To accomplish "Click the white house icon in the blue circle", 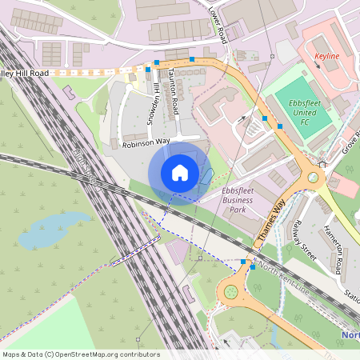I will (180, 173).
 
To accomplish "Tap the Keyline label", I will (326, 57).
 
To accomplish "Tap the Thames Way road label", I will (270, 222).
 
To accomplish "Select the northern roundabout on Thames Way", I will (314, 178).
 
